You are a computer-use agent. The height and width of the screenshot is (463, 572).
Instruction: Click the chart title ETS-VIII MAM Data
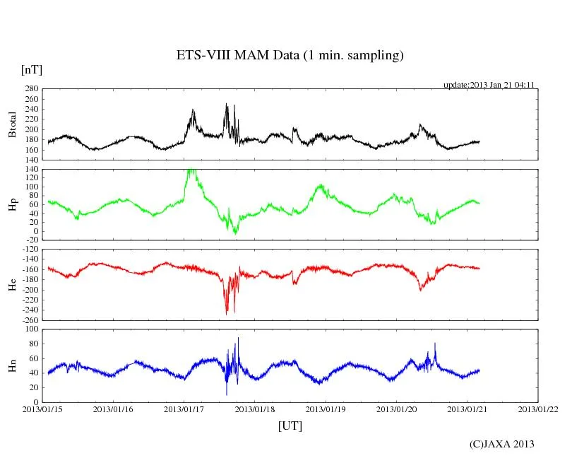click(290, 56)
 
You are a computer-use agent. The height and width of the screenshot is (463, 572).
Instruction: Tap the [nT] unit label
click(32, 69)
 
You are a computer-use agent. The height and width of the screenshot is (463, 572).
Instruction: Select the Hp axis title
click(12, 204)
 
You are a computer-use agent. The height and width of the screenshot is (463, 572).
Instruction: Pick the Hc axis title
click(12, 284)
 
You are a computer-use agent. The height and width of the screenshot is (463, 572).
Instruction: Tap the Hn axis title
click(12, 365)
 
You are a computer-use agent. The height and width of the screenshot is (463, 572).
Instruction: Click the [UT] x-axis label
click(290, 426)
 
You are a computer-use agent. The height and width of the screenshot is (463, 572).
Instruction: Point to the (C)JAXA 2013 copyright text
click(501, 444)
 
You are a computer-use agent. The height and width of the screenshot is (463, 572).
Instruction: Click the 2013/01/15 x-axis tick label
click(42, 409)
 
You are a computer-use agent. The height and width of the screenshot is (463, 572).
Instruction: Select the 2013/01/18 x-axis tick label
click(255, 409)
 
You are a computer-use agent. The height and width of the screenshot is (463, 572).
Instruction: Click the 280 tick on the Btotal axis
click(31, 89)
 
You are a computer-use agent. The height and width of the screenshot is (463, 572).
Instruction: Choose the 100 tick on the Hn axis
click(31, 329)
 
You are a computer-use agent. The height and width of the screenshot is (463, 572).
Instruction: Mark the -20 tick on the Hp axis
click(31, 240)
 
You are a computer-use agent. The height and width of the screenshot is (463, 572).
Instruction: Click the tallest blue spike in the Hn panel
click(238, 339)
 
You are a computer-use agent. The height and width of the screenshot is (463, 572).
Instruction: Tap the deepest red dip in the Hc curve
click(227, 313)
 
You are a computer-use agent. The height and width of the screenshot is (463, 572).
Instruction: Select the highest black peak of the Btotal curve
click(226, 105)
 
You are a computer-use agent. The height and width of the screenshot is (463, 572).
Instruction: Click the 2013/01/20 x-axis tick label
click(396, 409)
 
